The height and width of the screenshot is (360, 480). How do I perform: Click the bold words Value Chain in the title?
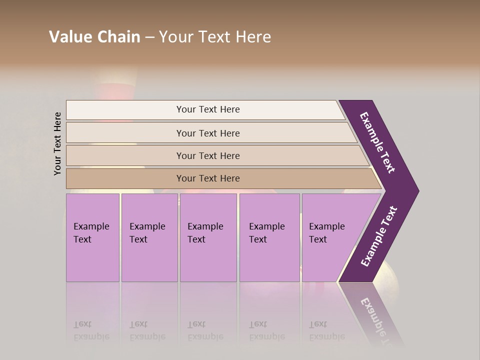tap(94, 37)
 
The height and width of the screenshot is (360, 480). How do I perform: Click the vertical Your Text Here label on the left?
tap(57, 143)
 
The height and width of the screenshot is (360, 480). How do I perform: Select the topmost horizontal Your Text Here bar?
tap(150, 109)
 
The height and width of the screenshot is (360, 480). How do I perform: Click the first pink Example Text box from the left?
tap(92, 237)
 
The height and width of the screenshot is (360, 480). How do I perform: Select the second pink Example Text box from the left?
tap(149, 237)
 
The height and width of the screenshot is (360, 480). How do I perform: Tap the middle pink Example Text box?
tap(208, 237)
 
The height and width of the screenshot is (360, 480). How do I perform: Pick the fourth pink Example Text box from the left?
tap(269, 237)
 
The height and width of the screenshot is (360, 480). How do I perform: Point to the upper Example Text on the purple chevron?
tap(377, 142)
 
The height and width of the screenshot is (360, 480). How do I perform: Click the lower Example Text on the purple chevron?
tap(379, 236)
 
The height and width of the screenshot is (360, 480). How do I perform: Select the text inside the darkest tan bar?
tap(208, 178)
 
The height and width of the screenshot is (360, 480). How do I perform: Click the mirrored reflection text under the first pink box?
tap(91, 330)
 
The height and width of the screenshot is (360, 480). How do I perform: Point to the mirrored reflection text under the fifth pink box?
tap(327, 330)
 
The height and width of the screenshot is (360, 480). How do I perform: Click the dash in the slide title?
tap(149, 37)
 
